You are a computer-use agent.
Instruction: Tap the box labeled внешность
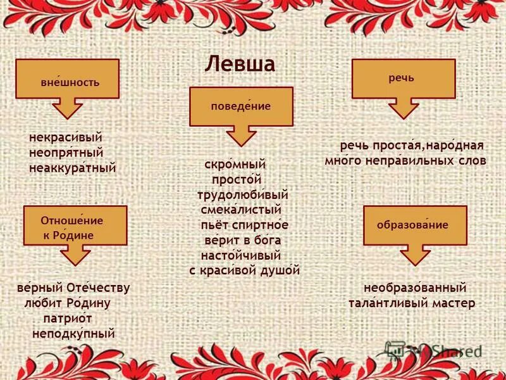68,79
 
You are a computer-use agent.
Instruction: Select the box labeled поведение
241,106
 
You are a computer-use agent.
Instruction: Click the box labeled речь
403,79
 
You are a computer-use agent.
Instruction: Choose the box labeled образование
414,225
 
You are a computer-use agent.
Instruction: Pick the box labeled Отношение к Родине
75,226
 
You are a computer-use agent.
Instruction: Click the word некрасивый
66,137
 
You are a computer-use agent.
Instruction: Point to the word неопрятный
66,153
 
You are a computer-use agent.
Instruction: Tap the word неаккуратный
73,168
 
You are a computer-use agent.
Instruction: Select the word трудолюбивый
243,194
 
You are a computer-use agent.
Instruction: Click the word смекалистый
240,209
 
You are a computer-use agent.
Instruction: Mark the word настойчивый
240,255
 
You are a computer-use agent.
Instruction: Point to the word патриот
68,318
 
